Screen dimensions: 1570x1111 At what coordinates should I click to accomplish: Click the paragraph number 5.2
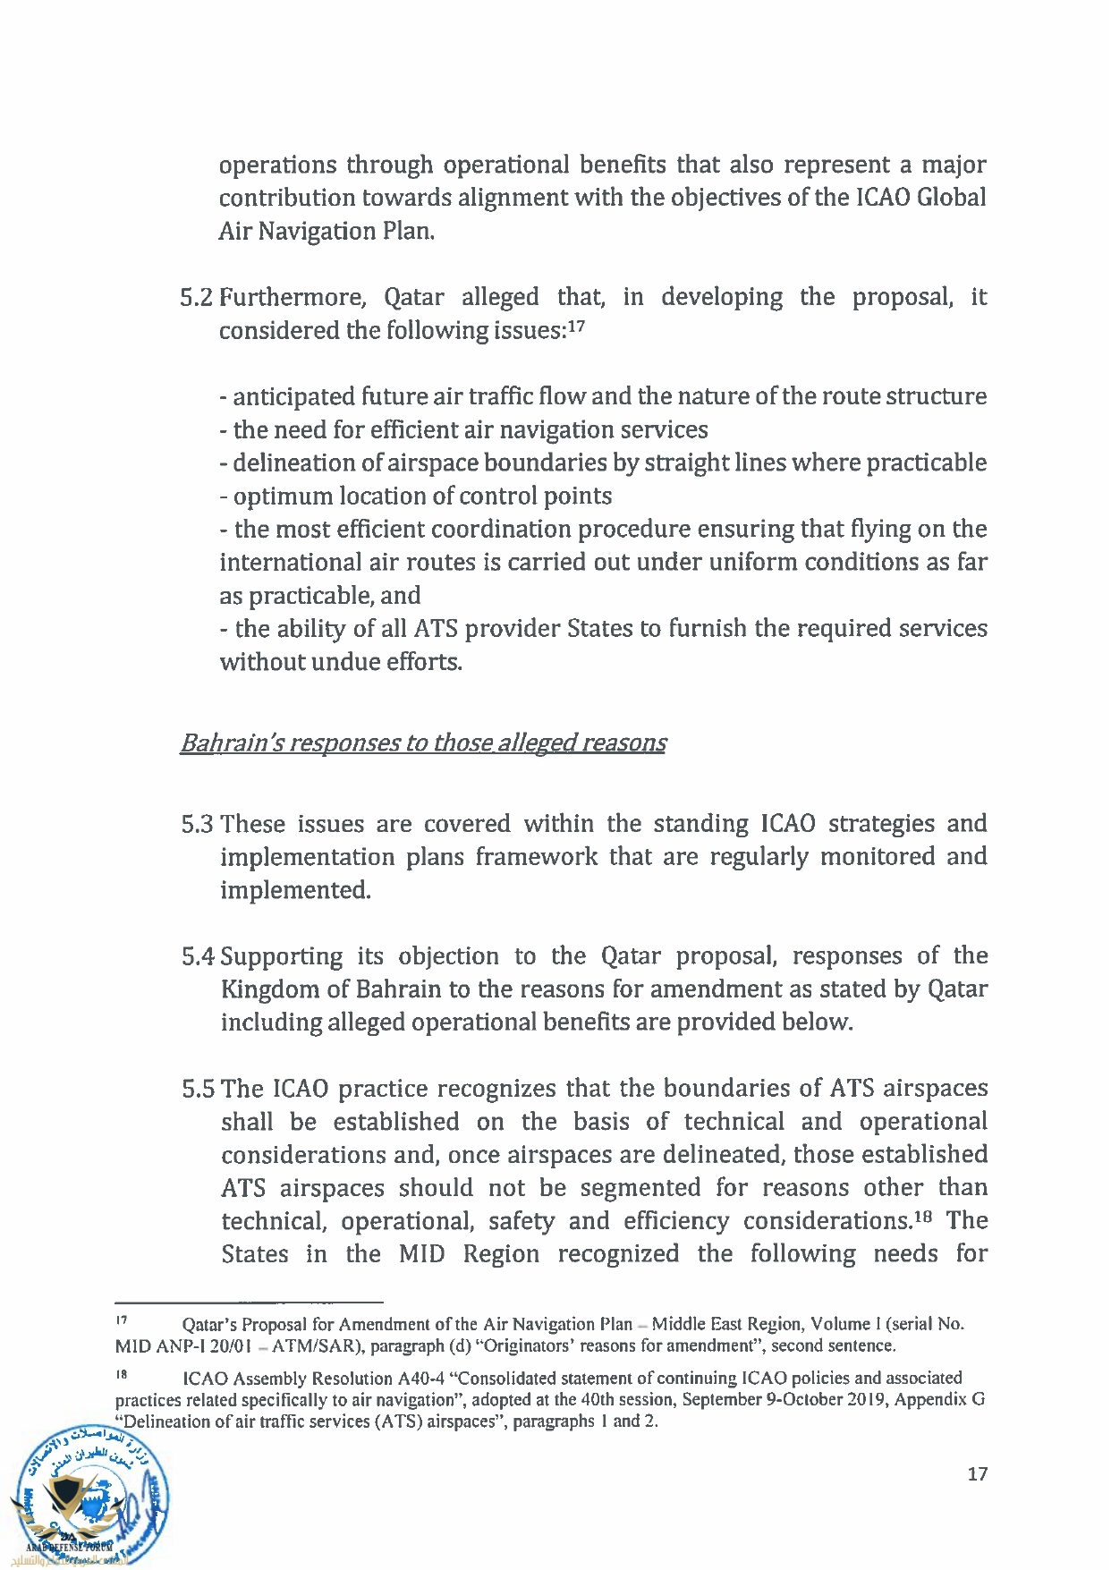[x=196, y=298]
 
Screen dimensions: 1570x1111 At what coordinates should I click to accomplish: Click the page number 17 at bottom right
[x=977, y=1473]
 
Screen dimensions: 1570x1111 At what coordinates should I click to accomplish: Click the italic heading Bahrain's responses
[x=422, y=743]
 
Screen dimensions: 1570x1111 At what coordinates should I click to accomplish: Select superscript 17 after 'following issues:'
[x=576, y=326]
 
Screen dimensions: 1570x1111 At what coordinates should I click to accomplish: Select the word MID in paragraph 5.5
[x=421, y=1254]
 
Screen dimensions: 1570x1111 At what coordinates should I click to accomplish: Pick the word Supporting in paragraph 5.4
[x=281, y=957]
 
